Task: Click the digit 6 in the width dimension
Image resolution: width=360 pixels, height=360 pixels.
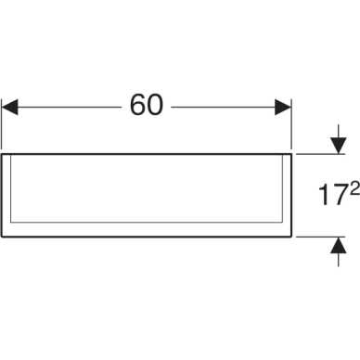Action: click(137, 105)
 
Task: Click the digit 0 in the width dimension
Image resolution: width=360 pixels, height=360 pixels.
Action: click(155, 105)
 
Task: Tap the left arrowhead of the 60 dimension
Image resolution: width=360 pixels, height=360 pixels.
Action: click(10, 107)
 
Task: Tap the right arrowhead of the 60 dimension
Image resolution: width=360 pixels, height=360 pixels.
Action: click(283, 107)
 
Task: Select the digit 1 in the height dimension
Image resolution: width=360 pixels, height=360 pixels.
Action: click(324, 195)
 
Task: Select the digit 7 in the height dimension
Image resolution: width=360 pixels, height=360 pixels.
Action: click(337, 195)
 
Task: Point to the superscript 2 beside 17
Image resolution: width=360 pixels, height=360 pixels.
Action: click(354, 188)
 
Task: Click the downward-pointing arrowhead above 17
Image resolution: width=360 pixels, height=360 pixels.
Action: click(339, 146)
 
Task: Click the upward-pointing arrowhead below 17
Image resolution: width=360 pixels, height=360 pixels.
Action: click(339, 245)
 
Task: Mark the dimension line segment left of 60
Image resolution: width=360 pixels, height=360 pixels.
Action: click(70, 107)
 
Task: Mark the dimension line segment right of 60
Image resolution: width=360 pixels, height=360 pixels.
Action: click(224, 107)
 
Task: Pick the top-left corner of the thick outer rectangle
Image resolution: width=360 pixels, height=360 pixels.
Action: click(2, 154)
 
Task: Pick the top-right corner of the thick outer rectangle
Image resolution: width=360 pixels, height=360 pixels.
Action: click(291, 154)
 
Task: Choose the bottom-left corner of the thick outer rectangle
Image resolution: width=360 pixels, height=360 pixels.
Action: click(2, 237)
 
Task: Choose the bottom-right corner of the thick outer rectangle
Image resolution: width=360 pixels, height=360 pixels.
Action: click(291, 237)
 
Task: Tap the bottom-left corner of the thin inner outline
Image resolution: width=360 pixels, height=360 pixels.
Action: click(11, 222)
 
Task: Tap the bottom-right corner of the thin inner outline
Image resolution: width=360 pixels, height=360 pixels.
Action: click(283, 222)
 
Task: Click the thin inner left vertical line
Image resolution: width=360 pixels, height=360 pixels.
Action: click(11, 188)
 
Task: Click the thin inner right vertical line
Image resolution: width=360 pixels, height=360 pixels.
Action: click(283, 188)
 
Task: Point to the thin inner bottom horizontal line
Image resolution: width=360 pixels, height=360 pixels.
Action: click(147, 222)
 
